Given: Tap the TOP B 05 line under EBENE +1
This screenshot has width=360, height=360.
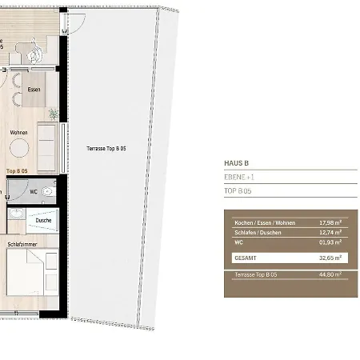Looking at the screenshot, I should pyautogui.click(x=238, y=192).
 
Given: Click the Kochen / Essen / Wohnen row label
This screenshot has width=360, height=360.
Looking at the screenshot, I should pyautogui.click(x=265, y=222).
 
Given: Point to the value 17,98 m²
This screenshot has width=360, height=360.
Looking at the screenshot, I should pyautogui.click(x=330, y=222).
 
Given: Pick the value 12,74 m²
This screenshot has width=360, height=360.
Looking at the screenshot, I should pyautogui.click(x=330, y=232).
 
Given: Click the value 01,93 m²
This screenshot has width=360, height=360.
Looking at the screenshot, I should pyautogui.click(x=330, y=242).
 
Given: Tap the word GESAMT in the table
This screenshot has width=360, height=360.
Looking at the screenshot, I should pyautogui.click(x=245, y=258).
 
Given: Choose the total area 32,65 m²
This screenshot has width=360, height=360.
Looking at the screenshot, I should pyautogui.click(x=330, y=258).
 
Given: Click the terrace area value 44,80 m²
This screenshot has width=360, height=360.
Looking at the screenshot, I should pyautogui.click(x=330, y=274).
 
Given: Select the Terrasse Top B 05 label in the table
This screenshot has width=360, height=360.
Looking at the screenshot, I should pyautogui.click(x=255, y=274).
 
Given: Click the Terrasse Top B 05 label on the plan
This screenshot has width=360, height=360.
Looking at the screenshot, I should pyautogui.click(x=106, y=149).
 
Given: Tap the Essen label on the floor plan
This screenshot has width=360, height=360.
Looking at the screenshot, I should pyautogui.click(x=34, y=90).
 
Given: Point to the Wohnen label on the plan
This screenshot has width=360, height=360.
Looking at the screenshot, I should pyautogui.click(x=19, y=133).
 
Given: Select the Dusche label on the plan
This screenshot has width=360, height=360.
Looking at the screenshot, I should pyautogui.click(x=43, y=220).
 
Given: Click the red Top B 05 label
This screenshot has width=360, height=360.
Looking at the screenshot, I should pyautogui.click(x=17, y=171).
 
